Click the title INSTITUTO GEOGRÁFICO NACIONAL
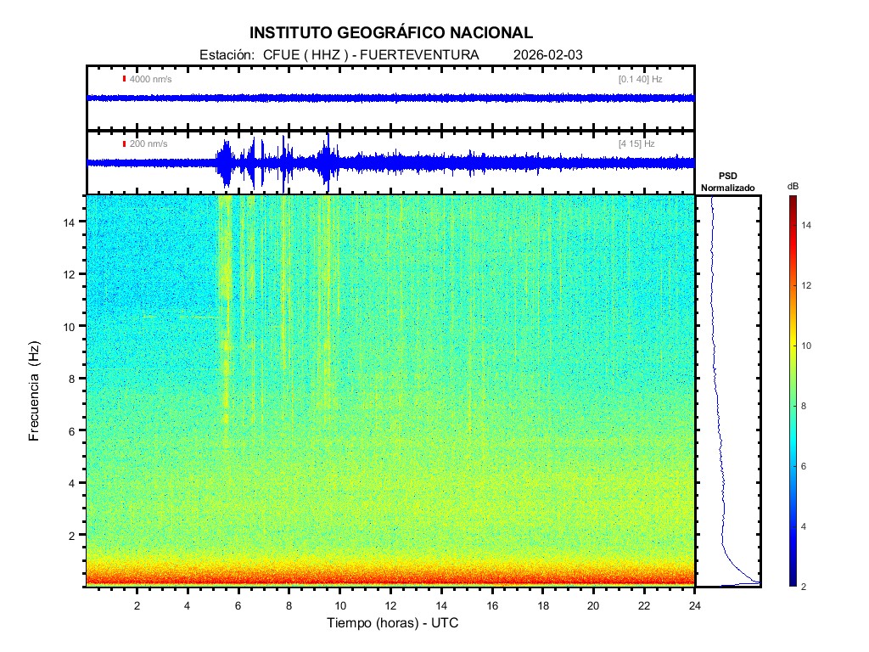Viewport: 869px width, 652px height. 391,33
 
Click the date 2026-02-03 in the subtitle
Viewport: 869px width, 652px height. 548,55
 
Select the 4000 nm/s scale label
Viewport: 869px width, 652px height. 150,79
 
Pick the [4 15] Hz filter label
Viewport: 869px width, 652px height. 636,143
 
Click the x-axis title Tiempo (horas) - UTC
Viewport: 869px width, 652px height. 393,623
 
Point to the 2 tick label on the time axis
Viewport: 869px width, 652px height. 137,604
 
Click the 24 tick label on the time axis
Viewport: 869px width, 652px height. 695,604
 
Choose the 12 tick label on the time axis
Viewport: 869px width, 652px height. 390,604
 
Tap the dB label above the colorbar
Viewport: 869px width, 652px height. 793,185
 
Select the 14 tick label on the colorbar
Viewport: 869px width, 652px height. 809,225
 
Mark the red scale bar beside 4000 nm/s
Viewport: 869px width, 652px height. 124,79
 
